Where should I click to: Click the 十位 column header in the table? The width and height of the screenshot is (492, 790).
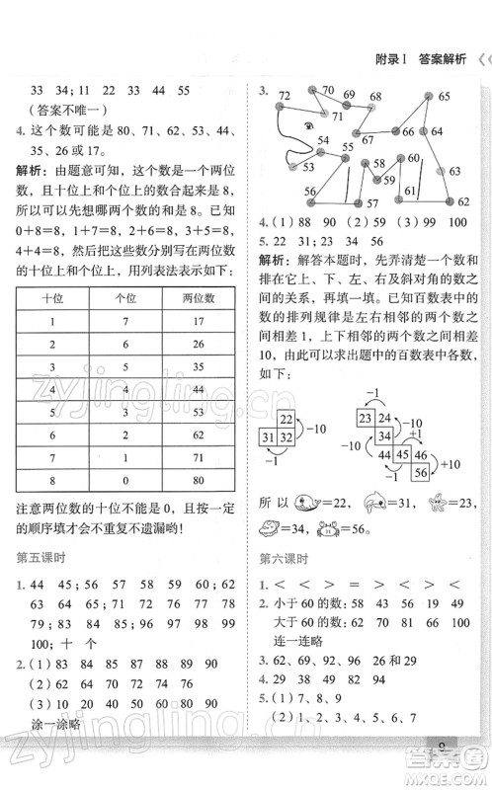pyautogui.click(x=52, y=297)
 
